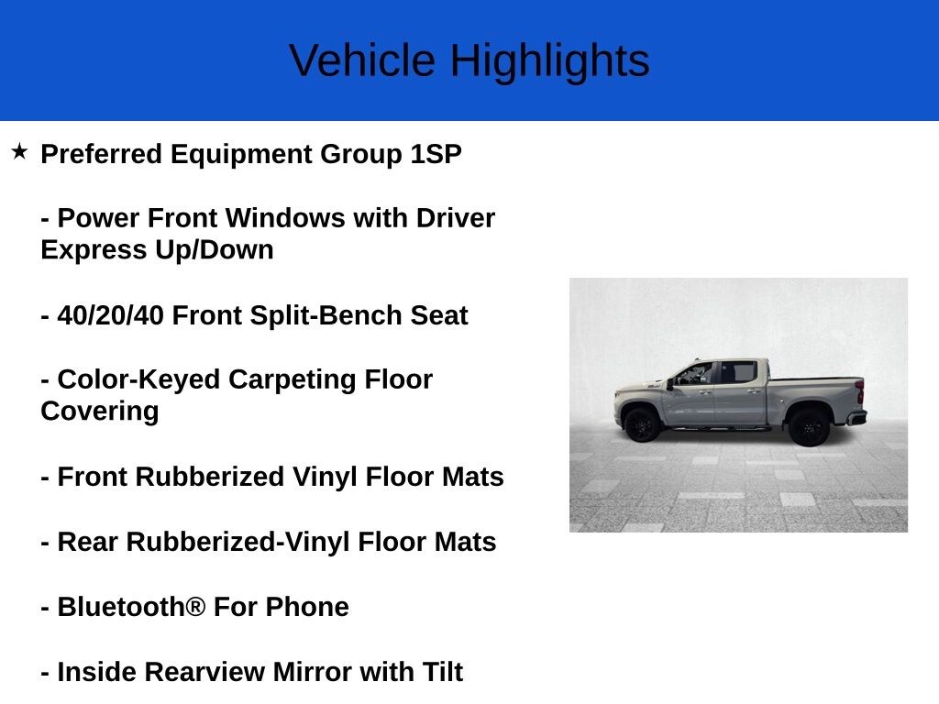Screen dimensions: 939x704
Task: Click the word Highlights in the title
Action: (550, 60)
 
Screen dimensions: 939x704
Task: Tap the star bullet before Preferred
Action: (19, 151)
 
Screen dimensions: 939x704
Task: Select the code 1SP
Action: (436, 154)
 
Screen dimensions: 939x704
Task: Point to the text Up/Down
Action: (215, 249)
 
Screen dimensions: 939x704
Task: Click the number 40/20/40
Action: (110, 315)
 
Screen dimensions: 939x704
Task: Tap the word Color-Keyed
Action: (138, 380)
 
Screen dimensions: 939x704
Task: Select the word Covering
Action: (100, 412)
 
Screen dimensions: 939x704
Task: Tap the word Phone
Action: (307, 607)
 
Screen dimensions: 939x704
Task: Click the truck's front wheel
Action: (642, 424)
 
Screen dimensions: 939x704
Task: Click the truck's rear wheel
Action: (809, 427)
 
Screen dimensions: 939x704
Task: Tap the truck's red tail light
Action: (860, 391)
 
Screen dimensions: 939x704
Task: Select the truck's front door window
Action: (696, 374)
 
